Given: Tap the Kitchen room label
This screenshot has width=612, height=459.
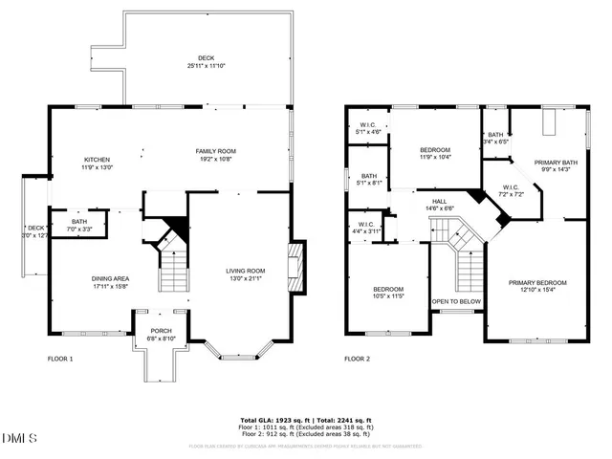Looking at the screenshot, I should point(98,164).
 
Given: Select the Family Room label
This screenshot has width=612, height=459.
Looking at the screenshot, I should point(216,155).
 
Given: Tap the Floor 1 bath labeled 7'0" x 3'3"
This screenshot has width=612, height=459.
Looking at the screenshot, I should point(79,226).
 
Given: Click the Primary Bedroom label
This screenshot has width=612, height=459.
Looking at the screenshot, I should point(537,287).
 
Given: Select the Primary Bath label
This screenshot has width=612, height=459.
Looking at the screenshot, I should point(556,167).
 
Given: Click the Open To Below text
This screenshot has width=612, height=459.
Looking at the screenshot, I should point(455,301).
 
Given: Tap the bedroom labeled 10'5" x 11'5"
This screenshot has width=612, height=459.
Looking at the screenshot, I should point(388,294).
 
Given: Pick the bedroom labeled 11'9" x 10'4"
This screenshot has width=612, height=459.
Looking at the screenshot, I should point(435,154).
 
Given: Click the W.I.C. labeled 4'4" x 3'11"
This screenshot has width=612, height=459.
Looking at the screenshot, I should point(363,228).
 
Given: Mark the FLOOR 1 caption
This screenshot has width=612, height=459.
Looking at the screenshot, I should point(60,359).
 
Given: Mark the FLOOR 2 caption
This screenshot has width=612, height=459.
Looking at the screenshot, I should point(358,359).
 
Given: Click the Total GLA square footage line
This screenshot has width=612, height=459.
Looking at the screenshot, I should point(305,420).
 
